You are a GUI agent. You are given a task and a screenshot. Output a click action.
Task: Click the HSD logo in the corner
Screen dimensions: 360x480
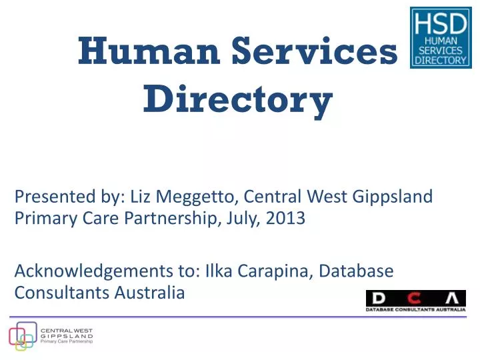tap(440, 38)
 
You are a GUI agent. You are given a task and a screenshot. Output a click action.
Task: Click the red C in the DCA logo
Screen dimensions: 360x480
tap(415, 298)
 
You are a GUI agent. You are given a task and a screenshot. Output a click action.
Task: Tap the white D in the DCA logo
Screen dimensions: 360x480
tap(378, 298)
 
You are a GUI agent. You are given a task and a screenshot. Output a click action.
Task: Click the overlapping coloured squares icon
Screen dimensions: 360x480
tap(21, 336)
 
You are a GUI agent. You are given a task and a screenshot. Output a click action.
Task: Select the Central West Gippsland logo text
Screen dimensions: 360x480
tap(67, 335)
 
